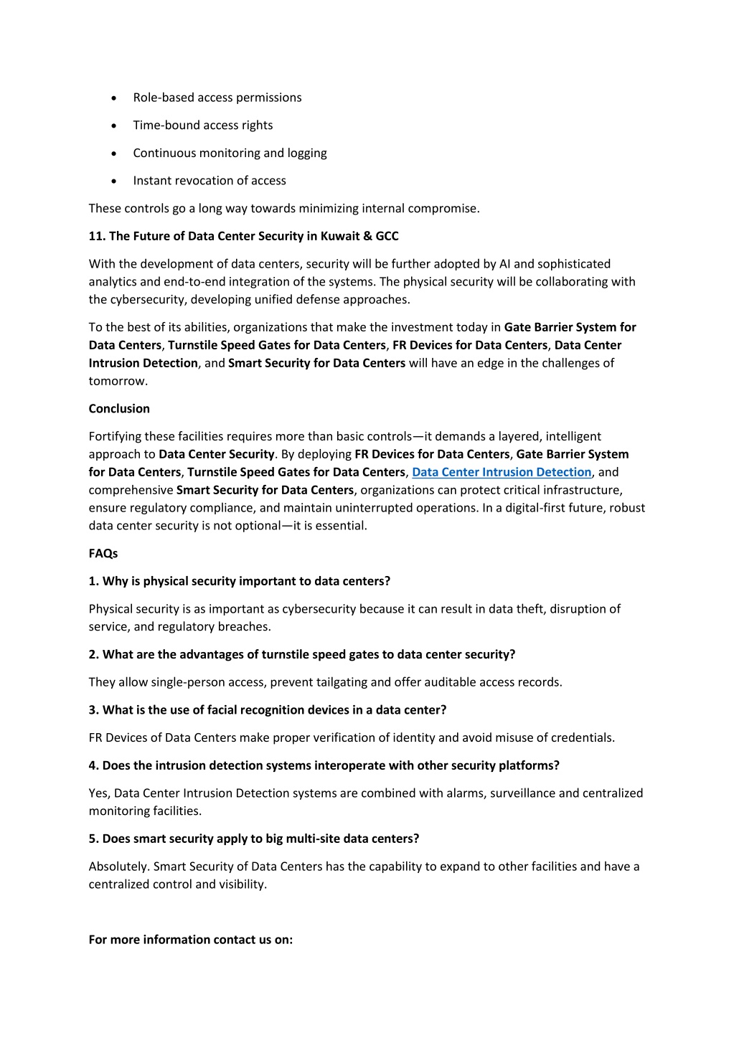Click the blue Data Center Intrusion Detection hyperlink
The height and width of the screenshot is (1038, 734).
click(x=502, y=472)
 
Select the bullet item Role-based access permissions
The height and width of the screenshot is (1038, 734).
click(x=217, y=98)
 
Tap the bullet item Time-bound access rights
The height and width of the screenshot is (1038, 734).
click(x=202, y=126)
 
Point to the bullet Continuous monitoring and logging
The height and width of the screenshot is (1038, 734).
click(x=230, y=153)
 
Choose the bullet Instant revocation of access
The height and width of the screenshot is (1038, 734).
click(x=209, y=181)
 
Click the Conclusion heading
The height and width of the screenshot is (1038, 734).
click(x=119, y=409)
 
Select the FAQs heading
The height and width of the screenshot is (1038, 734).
click(x=103, y=554)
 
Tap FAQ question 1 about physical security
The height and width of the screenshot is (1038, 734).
click(x=239, y=581)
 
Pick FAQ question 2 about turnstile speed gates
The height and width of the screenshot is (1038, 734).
click(x=301, y=654)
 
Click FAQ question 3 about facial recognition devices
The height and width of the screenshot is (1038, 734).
click(x=267, y=710)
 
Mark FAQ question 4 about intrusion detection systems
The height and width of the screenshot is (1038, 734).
click(x=324, y=765)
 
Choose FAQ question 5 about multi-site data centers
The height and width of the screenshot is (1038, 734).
click(x=253, y=839)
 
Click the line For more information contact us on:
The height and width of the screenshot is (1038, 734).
click(x=190, y=940)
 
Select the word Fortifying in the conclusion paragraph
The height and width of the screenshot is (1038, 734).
click(x=115, y=436)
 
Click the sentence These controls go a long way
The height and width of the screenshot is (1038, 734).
click(x=283, y=209)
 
